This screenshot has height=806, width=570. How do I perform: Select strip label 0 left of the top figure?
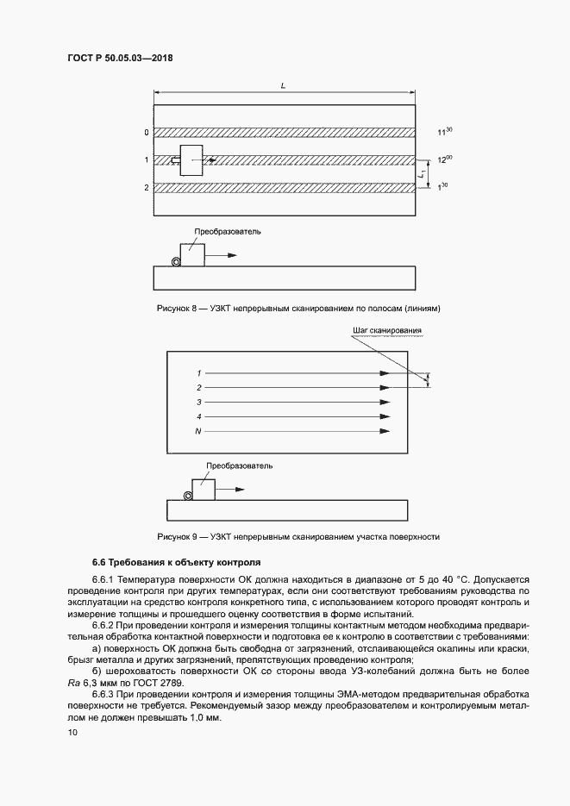coord(147,133)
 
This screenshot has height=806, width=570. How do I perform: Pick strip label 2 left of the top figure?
coord(147,187)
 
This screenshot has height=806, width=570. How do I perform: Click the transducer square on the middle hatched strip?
coord(191,159)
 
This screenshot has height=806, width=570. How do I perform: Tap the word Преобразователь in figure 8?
coord(227,231)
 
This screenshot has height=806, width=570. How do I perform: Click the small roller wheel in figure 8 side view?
coord(176,262)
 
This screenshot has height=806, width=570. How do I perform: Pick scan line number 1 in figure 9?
coord(198,372)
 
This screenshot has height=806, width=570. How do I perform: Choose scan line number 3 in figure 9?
coord(198,402)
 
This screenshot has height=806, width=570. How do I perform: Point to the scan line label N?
coord(198,430)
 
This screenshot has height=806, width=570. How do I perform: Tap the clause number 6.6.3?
coord(103,693)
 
